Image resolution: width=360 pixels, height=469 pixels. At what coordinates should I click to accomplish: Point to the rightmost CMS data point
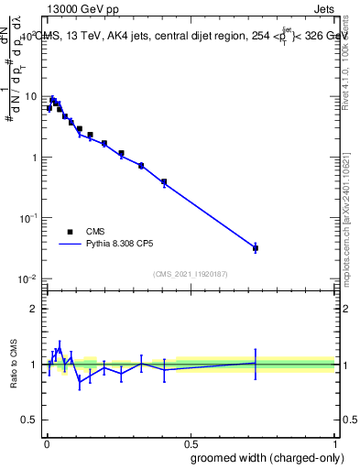(256, 248)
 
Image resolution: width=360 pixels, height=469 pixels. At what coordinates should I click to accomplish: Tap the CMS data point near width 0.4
(164, 181)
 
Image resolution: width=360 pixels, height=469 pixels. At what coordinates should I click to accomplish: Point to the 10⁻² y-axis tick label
(28, 278)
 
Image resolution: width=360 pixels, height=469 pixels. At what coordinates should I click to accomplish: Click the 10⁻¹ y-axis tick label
(28, 218)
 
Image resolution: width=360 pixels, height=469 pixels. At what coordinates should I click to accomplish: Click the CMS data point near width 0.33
(141, 165)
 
